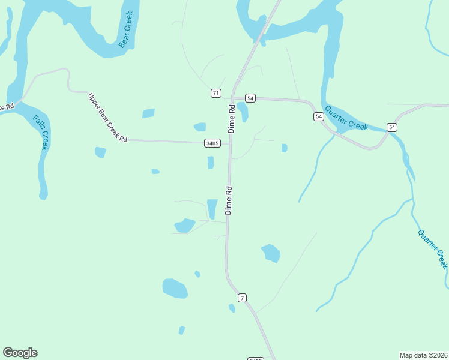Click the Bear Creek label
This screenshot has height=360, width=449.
[125, 29]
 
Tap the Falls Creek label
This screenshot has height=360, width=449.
[40, 132]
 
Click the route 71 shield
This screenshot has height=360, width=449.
[216, 93]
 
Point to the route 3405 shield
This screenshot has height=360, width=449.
[212, 143]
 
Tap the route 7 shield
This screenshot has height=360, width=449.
[242, 298]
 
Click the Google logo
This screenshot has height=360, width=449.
[20, 353]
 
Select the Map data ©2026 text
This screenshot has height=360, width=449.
[423, 355]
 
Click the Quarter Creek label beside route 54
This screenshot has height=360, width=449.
[346, 118]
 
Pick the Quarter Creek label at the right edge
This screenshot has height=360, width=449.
[433, 248]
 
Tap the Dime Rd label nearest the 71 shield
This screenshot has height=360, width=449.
[232, 119]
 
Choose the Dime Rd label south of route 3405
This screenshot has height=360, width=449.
[229, 200]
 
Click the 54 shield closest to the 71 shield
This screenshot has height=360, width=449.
[250, 98]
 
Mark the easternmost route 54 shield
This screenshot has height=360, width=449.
[392, 127]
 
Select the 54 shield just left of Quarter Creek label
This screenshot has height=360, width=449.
[318, 116]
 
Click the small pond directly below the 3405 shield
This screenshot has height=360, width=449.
[211, 163]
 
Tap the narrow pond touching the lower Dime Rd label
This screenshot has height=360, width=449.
[212, 209]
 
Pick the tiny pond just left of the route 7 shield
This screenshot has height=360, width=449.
[232, 308]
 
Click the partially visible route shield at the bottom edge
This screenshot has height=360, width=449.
[256, 359]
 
